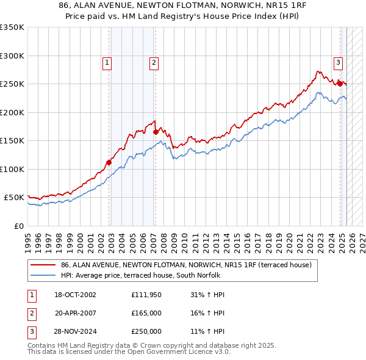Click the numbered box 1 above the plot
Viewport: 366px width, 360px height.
tap(107, 62)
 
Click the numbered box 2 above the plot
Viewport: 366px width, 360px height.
tap(154, 62)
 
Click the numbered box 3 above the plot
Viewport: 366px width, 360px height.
tap(337, 62)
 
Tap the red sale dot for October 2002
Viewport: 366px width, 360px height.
tap(109, 162)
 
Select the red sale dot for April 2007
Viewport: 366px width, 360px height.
tap(156, 132)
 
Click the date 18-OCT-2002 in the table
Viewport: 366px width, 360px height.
tap(75, 295)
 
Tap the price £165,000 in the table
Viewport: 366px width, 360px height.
tap(146, 313)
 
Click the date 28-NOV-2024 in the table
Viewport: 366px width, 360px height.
tap(75, 331)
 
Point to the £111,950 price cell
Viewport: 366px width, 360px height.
tap(146, 295)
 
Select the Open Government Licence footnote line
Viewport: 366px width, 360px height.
tap(129, 352)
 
